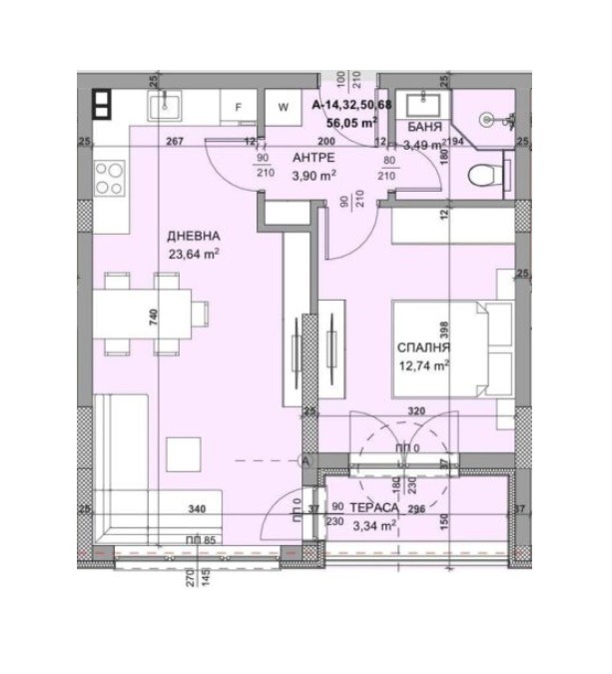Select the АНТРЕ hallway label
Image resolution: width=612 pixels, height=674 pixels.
click(313, 159)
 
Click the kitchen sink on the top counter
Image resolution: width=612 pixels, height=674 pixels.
click(164, 105)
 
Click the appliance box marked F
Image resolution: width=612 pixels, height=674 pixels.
click(239, 106)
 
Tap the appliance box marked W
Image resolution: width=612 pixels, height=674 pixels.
click(283, 106)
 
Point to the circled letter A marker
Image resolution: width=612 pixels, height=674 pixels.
click(306, 460)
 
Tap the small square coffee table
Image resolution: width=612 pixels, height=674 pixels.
click(183, 454)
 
